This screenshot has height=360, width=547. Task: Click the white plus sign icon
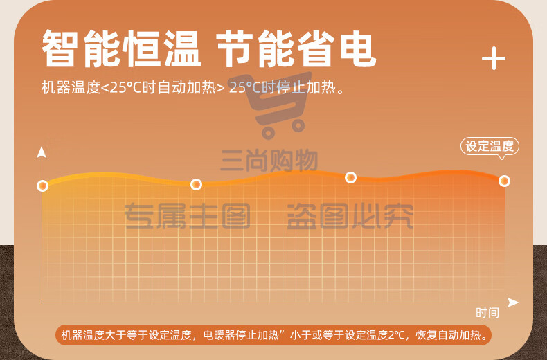pos(493,58)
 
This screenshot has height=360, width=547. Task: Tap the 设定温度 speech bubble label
pos(490,146)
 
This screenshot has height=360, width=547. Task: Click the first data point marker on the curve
pos(42,186)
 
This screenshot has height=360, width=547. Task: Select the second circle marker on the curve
pos(196,184)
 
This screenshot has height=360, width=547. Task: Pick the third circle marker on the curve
pos(350,177)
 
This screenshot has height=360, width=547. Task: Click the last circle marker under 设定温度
pos(504,181)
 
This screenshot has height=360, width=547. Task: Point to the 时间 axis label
pos(487,312)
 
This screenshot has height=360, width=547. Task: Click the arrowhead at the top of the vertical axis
pos(42,152)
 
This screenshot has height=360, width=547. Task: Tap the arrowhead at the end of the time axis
pos(513,303)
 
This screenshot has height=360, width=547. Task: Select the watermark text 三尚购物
pos(269,160)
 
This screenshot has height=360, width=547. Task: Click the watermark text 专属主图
pos(188,216)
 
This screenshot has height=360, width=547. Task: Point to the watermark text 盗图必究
pos(350,216)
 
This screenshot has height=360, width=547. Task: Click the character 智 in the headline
pos(60,48)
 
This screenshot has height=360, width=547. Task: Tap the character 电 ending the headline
pos(358,48)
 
